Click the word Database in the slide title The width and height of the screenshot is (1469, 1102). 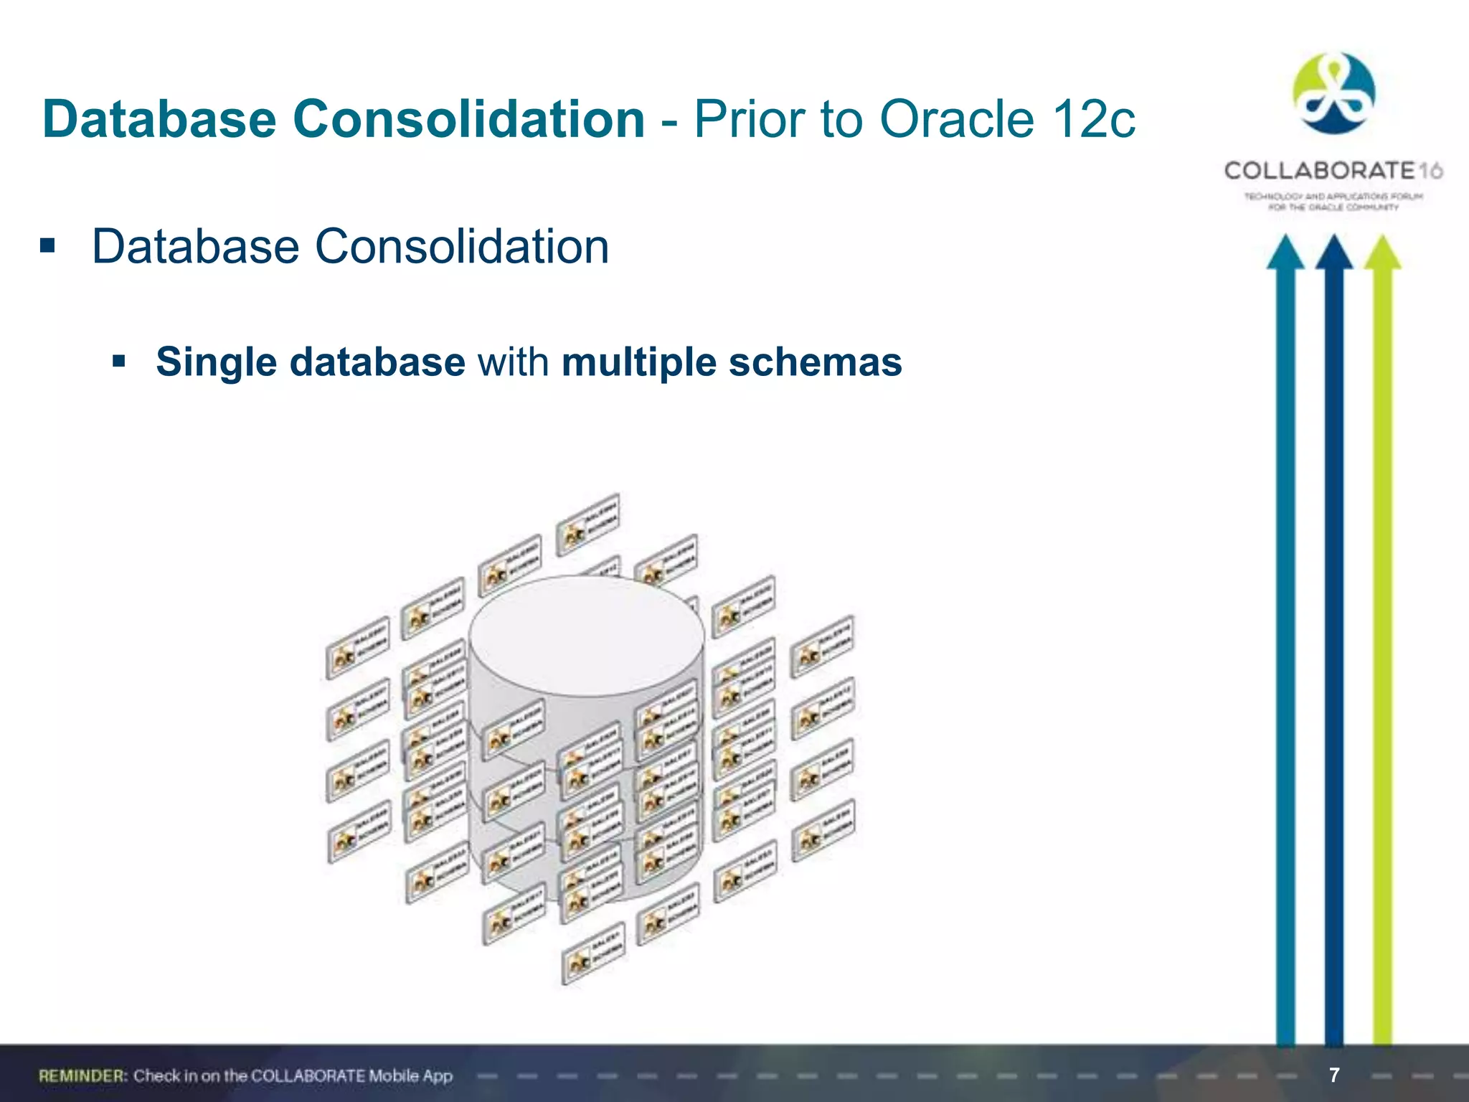(x=159, y=119)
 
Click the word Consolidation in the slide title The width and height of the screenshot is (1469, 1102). (x=468, y=119)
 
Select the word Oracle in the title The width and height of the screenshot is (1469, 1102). (x=958, y=119)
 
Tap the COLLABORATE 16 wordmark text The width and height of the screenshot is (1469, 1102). (x=1333, y=171)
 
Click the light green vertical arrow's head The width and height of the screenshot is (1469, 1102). (x=1382, y=253)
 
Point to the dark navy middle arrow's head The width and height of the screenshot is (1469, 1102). (x=1333, y=253)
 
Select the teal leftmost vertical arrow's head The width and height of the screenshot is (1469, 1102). (x=1285, y=253)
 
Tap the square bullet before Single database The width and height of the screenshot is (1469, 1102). (x=119, y=360)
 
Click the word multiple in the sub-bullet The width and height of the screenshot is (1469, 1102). (x=638, y=362)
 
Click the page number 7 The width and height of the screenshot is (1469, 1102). (x=1333, y=1075)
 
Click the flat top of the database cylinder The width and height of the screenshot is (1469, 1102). (x=586, y=635)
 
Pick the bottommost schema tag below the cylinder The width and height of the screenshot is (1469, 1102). (x=593, y=953)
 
